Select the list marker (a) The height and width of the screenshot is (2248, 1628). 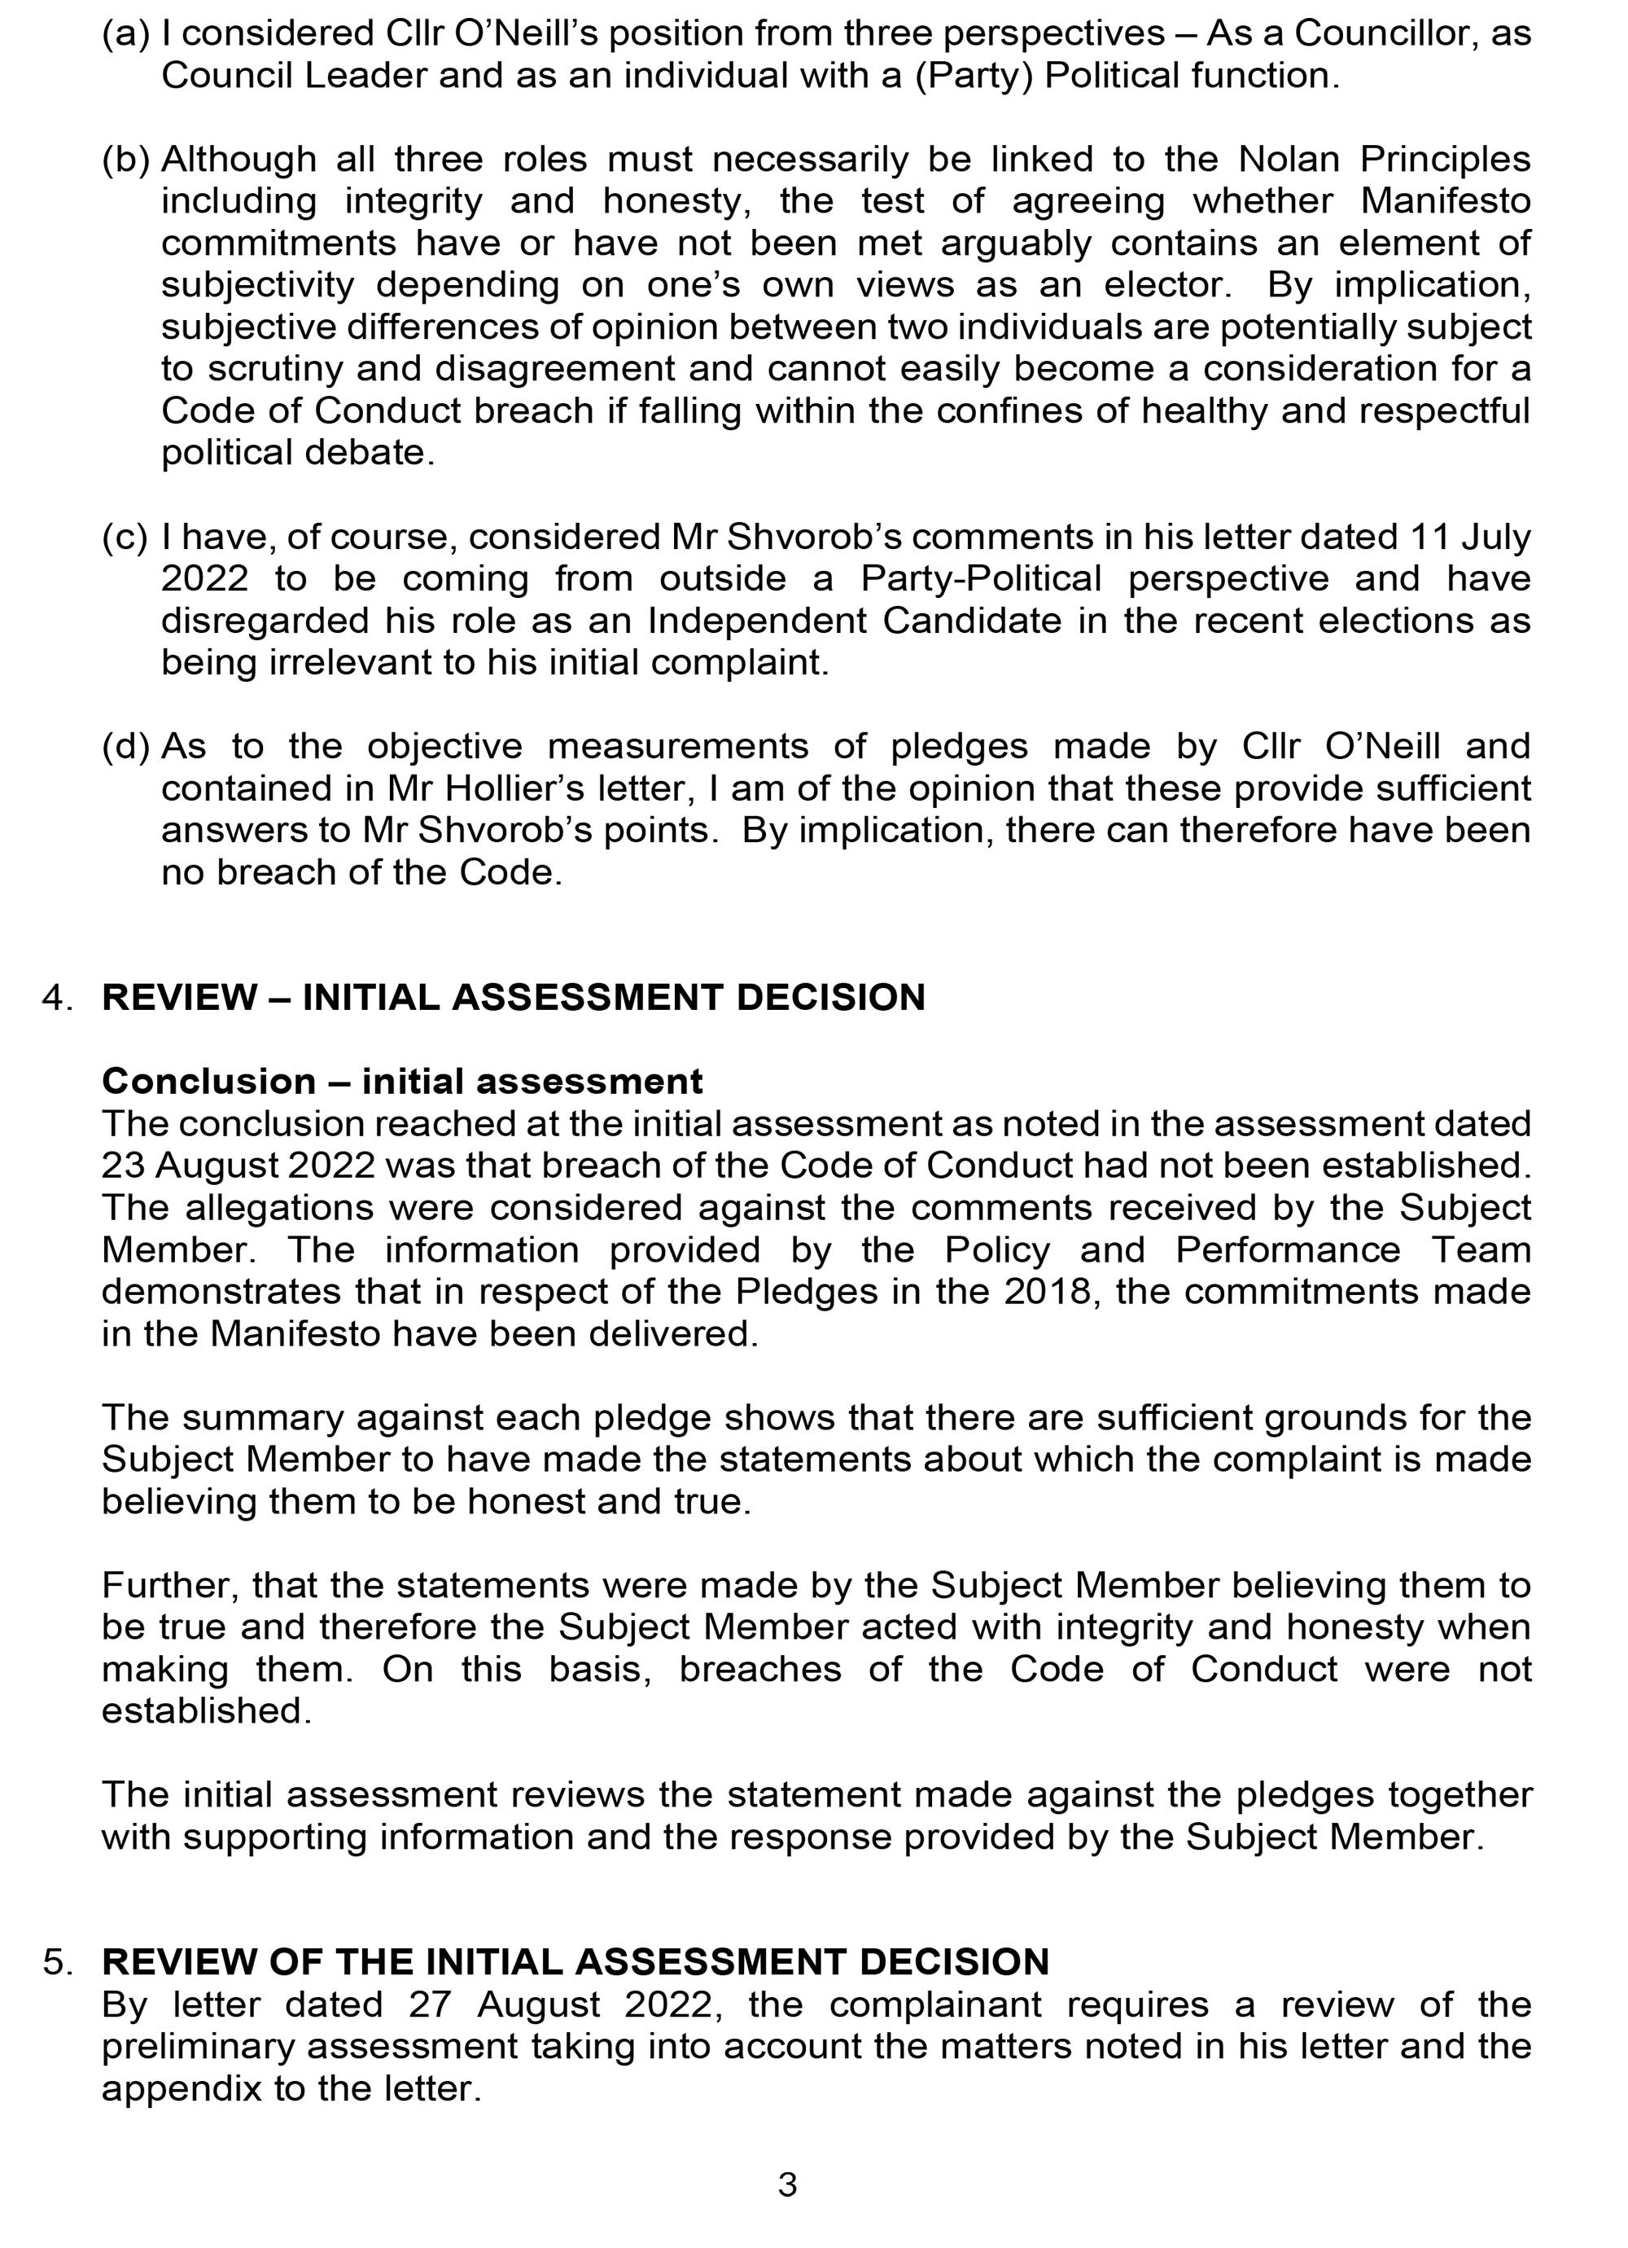[126, 33]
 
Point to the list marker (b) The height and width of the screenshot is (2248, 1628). [126, 160]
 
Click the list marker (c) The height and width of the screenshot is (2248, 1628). [126, 538]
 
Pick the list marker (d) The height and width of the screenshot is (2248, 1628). [126, 746]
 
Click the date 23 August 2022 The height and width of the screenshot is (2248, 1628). [238, 1166]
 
